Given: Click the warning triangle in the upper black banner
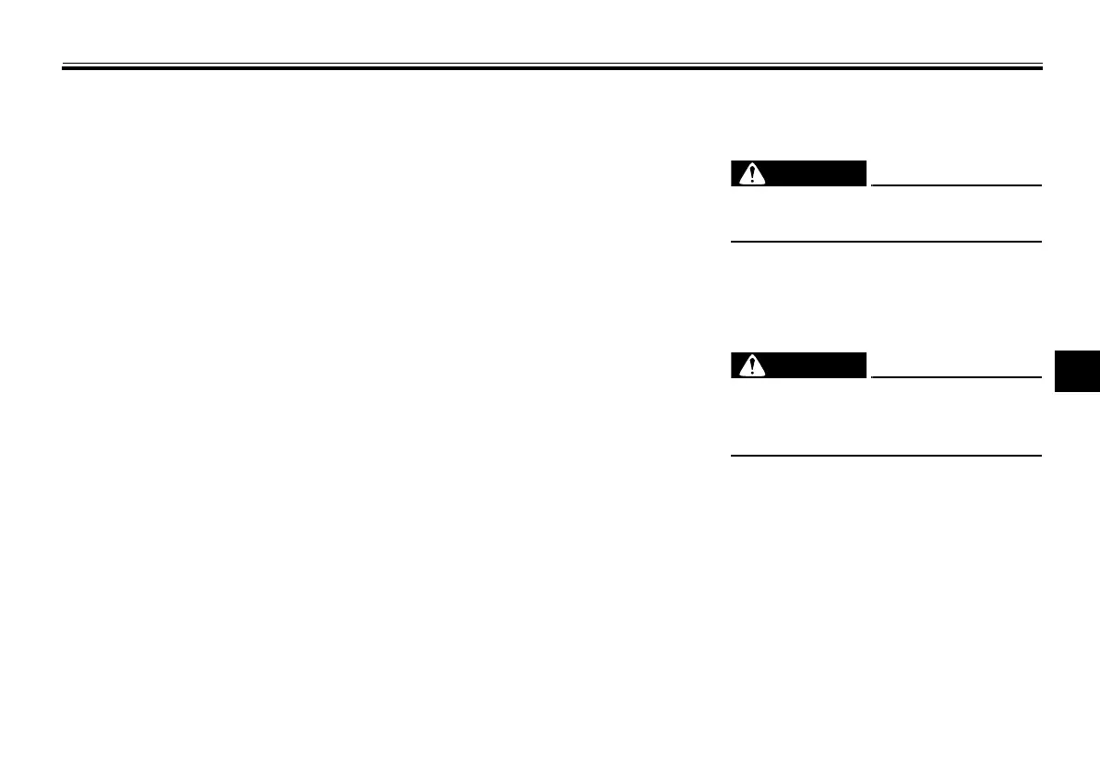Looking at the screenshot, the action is coord(755,174).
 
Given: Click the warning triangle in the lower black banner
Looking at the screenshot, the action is coord(755,366).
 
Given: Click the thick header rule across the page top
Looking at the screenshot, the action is coord(552,68).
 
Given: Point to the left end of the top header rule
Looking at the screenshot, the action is coord(63,68).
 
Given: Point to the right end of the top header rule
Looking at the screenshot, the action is coord(1041,68).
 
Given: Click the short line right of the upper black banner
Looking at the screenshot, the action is coord(955,184).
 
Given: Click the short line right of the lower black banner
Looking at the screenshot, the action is coord(955,376).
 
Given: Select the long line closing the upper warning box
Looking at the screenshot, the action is coord(886,242).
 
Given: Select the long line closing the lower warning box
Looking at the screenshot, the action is coord(886,455).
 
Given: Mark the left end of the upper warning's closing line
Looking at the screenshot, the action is coord(732,242).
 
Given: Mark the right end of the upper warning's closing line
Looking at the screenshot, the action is coord(1041,242).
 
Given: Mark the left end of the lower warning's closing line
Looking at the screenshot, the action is coord(732,455).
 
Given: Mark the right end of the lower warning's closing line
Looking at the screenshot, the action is coord(1041,455).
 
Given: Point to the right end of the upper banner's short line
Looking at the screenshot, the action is coord(1041,184).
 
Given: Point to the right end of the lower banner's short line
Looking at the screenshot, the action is coord(1041,376).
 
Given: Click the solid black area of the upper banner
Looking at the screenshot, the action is coord(817,173).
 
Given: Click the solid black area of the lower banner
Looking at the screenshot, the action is coord(817,365).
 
